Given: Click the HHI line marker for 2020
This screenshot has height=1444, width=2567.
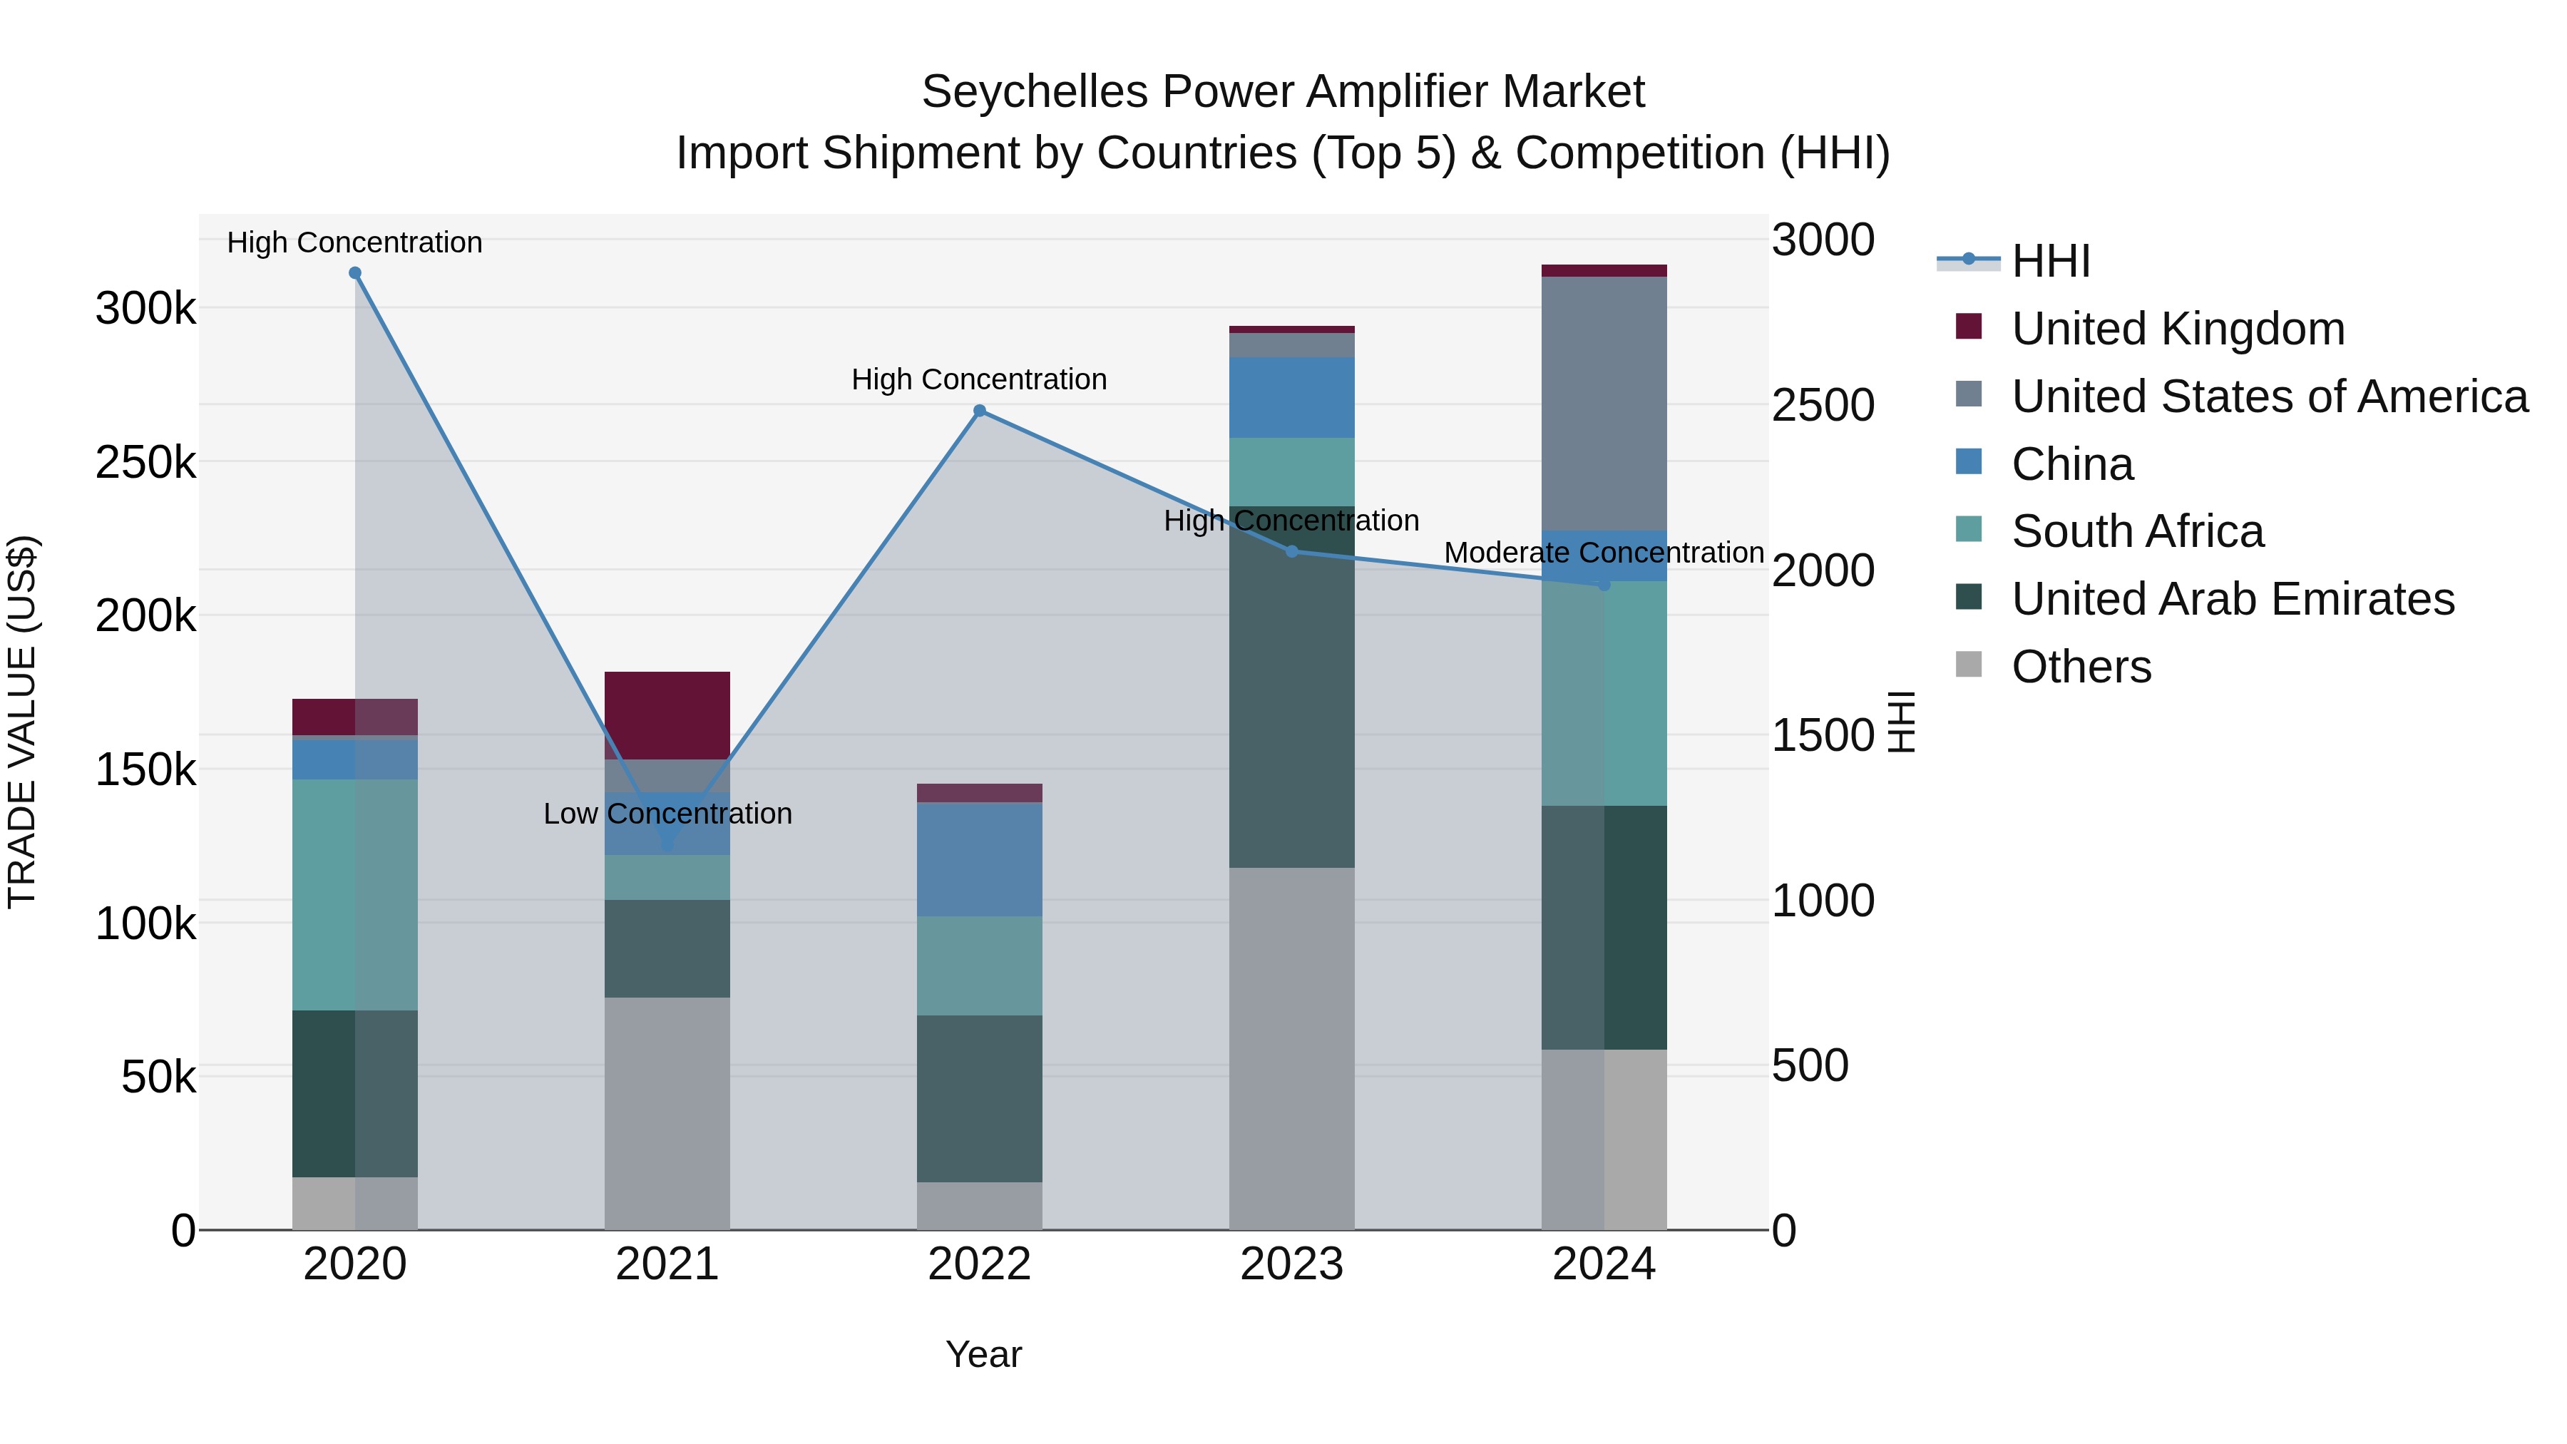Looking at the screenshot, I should pyautogui.click(x=355, y=273).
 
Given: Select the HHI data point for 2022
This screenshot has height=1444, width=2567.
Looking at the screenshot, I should pyautogui.click(x=980, y=411).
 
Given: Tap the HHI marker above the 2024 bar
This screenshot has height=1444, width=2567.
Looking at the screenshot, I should pyautogui.click(x=1604, y=585).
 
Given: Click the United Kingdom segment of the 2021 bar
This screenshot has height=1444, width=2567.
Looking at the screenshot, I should pyautogui.click(x=667, y=715).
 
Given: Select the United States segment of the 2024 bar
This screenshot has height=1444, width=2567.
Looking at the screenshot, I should pyautogui.click(x=1604, y=404).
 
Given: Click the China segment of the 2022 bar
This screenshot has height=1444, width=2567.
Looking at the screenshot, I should pyautogui.click(x=980, y=859).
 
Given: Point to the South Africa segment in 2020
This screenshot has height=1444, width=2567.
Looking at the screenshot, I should pyautogui.click(x=355, y=894).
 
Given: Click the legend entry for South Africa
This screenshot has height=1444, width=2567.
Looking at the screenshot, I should pyautogui.click(x=2138, y=531).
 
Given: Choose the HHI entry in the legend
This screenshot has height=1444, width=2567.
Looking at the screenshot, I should pyautogui.click(x=2050, y=261).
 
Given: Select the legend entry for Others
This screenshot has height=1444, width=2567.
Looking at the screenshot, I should pyautogui.click(x=2081, y=667).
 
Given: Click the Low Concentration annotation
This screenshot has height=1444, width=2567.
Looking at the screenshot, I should pyautogui.click(x=667, y=814).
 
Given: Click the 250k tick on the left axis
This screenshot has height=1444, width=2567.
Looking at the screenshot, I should pyautogui.click(x=145, y=462).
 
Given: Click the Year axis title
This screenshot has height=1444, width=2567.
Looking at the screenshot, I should pyautogui.click(x=983, y=1354).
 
